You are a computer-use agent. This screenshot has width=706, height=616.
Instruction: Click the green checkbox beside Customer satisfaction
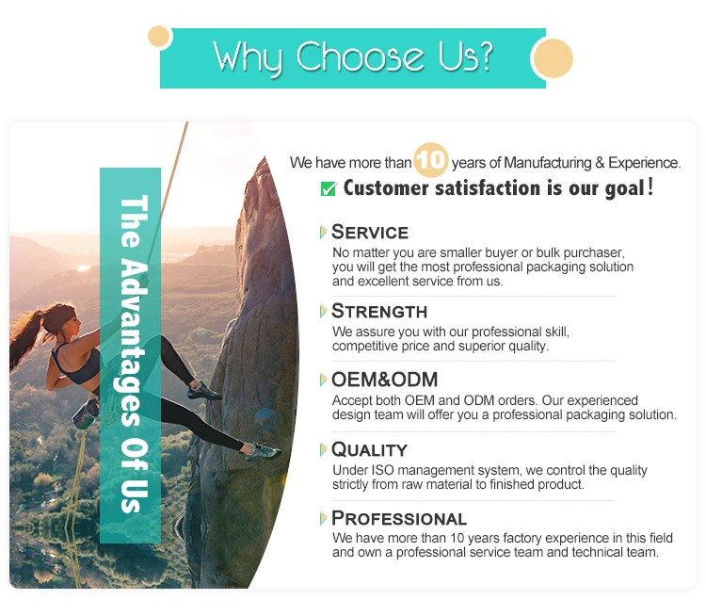(329, 188)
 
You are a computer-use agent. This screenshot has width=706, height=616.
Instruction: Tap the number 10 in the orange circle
(431, 160)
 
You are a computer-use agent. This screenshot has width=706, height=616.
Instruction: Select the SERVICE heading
(370, 232)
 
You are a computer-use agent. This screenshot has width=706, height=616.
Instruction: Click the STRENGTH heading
(379, 312)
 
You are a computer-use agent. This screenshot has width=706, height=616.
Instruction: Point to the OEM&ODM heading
(384, 380)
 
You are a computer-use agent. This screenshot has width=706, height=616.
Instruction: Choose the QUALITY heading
(369, 449)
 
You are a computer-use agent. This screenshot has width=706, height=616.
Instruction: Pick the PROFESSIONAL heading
(399, 518)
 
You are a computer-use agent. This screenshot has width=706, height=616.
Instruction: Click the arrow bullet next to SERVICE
(323, 232)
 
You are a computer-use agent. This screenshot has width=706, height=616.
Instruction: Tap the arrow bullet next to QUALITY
(323, 449)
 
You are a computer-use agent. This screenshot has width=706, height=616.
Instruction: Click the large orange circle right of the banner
(554, 58)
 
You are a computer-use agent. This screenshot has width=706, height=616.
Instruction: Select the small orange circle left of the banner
(158, 37)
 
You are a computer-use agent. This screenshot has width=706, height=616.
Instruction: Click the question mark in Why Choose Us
(486, 57)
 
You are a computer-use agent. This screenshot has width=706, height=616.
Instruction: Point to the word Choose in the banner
(360, 57)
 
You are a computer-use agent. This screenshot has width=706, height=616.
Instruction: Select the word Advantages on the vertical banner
(134, 343)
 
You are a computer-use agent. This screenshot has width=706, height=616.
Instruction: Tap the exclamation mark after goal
(650, 186)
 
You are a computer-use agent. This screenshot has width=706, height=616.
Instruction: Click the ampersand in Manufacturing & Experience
(600, 163)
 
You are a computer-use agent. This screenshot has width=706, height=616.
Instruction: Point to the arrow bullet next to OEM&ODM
(323, 380)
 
